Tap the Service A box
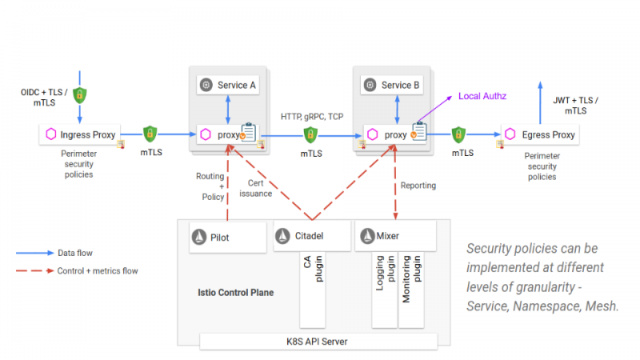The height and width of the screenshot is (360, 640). pos(228,85)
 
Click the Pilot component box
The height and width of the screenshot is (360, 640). pos(227,236)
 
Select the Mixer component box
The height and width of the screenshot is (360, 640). pos(395,236)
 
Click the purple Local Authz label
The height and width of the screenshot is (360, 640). pos(483,97)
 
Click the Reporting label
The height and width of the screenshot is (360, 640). pos(418,186)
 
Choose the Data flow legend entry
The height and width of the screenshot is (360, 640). pos(76,253)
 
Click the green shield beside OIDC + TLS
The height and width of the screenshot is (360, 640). pos(80,95)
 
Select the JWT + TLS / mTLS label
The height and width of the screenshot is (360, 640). pos(575,105)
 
